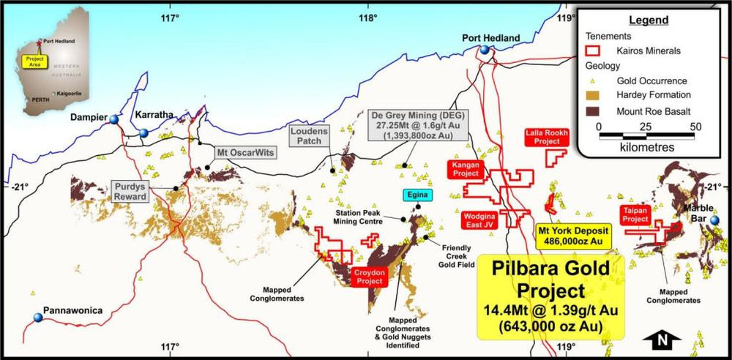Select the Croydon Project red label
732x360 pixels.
[x=369, y=277]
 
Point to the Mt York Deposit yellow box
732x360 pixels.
[x=570, y=234]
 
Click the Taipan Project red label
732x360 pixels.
[x=635, y=214]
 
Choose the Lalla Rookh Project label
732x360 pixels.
[x=547, y=137]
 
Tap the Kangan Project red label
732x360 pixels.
[x=466, y=170]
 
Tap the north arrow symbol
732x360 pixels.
[x=665, y=339]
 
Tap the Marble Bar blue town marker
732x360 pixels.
[x=714, y=220]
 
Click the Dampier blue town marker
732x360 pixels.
[x=113, y=120]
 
